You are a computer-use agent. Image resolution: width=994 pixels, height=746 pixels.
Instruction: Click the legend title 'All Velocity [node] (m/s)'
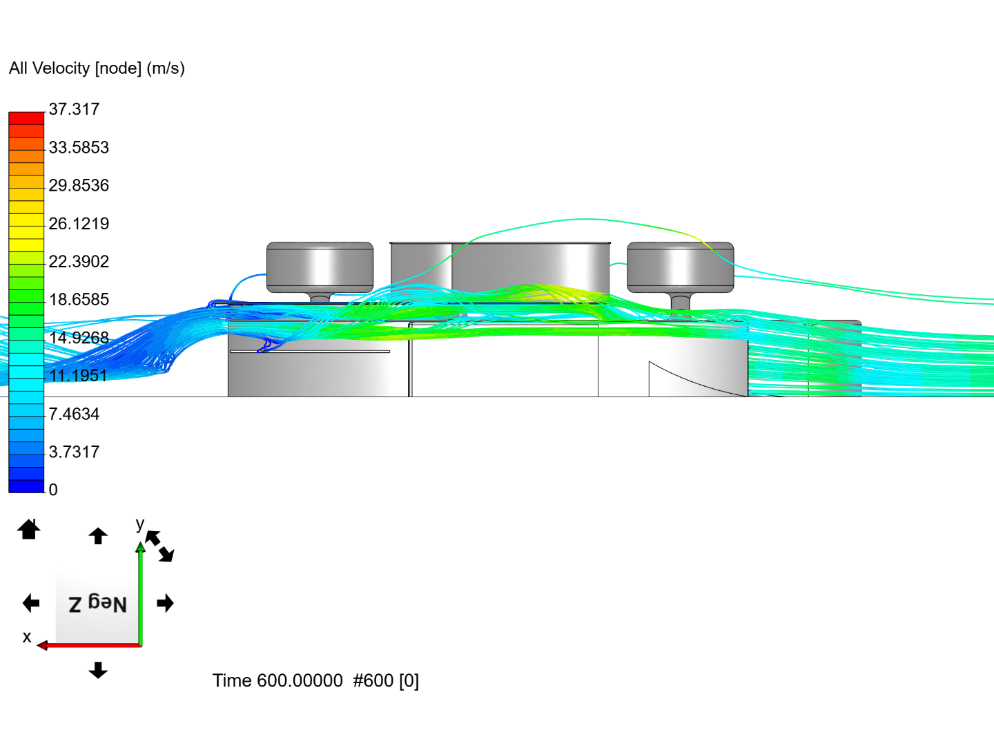click(97, 68)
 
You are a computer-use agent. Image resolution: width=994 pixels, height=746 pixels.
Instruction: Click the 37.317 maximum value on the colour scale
click(74, 109)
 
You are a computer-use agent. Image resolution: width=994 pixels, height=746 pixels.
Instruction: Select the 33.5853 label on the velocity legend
click(79, 147)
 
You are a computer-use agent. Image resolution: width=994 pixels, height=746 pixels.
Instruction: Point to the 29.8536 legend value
click(79, 185)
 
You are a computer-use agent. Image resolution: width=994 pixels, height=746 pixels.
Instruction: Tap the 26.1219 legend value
click(79, 223)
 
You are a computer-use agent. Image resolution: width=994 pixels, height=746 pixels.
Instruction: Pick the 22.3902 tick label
click(79, 261)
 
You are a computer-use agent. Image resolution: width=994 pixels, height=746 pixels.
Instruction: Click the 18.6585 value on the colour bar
click(79, 299)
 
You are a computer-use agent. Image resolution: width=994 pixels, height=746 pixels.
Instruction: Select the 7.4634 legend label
click(74, 414)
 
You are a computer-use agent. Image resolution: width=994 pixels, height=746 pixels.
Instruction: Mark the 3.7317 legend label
click(74, 452)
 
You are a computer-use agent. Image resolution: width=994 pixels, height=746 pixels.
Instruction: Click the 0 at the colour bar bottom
click(53, 490)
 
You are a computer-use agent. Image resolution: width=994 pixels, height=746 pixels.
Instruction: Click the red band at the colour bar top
click(26, 118)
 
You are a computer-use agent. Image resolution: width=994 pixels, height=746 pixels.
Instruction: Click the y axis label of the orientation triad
click(140, 524)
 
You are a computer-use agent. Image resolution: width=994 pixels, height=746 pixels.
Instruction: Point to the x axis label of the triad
click(27, 637)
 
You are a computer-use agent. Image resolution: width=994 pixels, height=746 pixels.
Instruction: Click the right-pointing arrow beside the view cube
click(165, 604)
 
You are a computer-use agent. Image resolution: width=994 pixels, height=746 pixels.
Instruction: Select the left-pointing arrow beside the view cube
click(31, 604)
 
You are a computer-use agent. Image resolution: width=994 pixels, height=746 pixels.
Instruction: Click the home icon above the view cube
click(29, 530)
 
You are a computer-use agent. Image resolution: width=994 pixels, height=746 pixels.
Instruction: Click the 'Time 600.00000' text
click(277, 681)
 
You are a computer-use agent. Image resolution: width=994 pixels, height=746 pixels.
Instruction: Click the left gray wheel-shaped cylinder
click(320, 267)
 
